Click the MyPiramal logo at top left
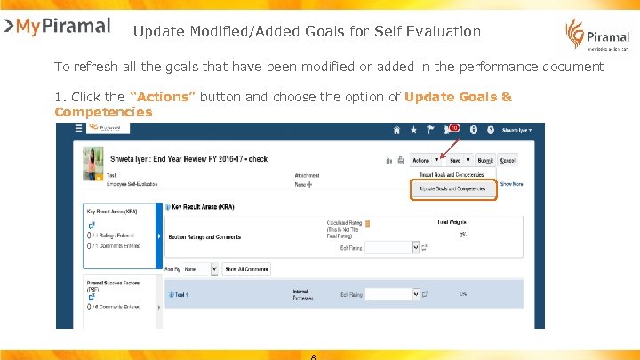[x=57, y=26]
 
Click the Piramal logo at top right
[x=596, y=36]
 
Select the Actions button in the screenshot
[x=424, y=161]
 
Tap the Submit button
[x=485, y=161]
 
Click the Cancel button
[x=508, y=161]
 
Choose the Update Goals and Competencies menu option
[x=452, y=188]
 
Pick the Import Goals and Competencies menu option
[x=452, y=175]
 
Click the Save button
[x=458, y=161]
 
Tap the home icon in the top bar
[x=396, y=130]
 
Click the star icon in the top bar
[x=413, y=130]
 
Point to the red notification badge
[x=453, y=127]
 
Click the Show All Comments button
[x=246, y=268]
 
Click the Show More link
[x=511, y=184]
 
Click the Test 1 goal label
[x=181, y=294]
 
